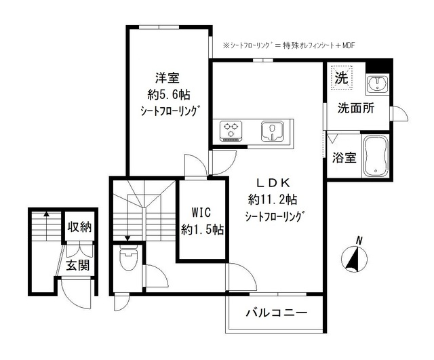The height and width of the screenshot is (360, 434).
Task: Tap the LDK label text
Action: click(273, 182)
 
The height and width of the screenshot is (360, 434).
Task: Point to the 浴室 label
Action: click(344, 158)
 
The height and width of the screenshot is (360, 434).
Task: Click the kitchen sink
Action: click(275, 130)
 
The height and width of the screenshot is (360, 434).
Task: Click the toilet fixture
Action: click(127, 258)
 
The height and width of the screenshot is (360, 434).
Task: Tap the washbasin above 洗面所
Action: click(375, 85)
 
